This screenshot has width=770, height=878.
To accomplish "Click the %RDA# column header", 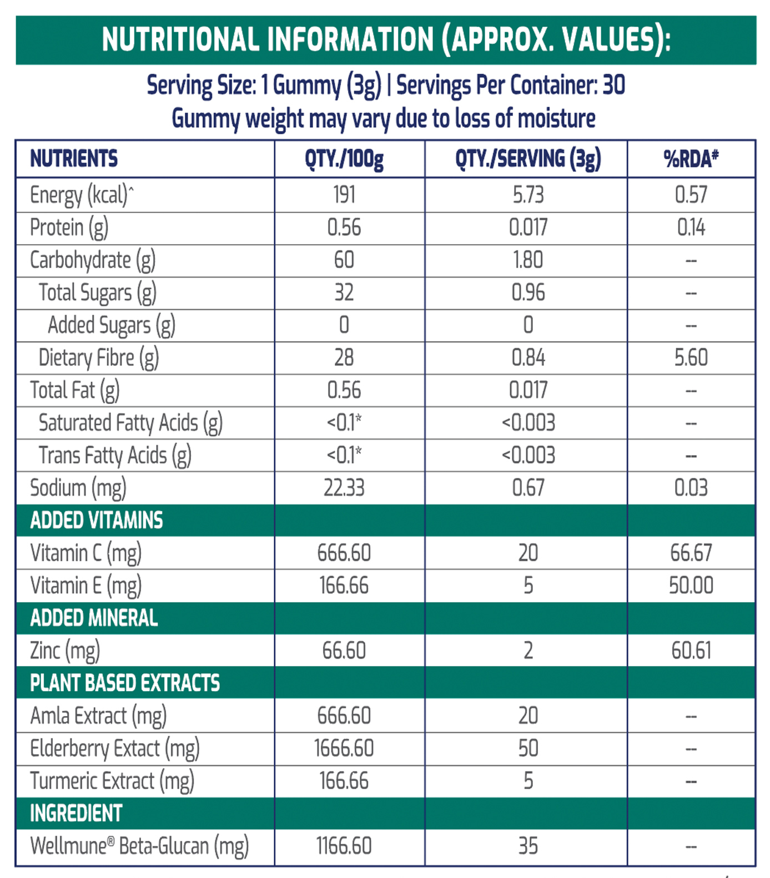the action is pyautogui.click(x=691, y=159).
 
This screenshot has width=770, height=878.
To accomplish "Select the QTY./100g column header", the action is pyautogui.click(x=344, y=160).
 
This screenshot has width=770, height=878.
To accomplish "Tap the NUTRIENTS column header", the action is pyautogui.click(x=74, y=159).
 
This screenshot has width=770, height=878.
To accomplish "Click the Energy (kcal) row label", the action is pyautogui.click(x=82, y=195).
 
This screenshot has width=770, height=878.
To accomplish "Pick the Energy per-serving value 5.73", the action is pyautogui.click(x=528, y=195).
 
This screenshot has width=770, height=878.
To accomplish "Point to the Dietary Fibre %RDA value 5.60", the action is pyautogui.click(x=691, y=357).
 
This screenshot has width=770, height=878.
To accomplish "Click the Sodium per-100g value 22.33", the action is pyautogui.click(x=344, y=488).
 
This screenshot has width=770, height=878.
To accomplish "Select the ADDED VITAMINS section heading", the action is pyautogui.click(x=97, y=521).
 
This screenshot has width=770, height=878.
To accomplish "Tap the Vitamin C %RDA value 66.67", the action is pyautogui.click(x=691, y=553).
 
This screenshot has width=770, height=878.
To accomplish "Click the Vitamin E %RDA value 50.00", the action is pyautogui.click(x=691, y=586).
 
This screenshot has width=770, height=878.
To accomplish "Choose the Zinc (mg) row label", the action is pyautogui.click(x=65, y=651).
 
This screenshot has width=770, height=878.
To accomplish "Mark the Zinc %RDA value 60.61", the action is pyautogui.click(x=691, y=650).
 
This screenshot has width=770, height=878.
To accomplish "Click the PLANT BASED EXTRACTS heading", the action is pyautogui.click(x=125, y=683).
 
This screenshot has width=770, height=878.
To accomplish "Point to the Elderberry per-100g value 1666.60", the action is pyautogui.click(x=344, y=748).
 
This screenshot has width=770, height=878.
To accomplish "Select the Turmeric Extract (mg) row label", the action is pyautogui.click(x=112, y=781).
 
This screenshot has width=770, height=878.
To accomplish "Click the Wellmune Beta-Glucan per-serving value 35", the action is pyautogui.click(x=528, y=846).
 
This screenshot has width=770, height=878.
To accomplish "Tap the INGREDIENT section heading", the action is pyautogui.click(x=76, y=814).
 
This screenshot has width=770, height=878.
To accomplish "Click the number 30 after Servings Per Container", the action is pyautogui.click(x=614, y=85).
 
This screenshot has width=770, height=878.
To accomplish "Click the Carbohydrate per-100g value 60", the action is pyautogui.click(x=344, y=260).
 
